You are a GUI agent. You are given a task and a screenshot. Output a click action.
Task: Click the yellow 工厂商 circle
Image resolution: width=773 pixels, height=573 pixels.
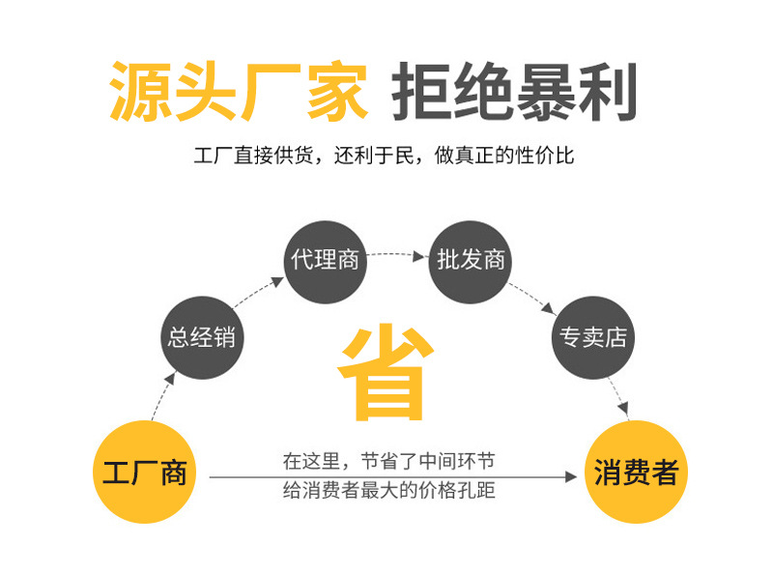tap(144, 473)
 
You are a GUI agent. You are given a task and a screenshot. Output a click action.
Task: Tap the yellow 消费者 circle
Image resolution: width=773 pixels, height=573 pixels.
tap(635, 473)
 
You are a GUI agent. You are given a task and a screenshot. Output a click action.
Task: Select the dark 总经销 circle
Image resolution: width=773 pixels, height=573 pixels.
tap(201, 337)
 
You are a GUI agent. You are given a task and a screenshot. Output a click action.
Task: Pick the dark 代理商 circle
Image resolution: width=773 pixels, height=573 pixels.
tap(325, 260)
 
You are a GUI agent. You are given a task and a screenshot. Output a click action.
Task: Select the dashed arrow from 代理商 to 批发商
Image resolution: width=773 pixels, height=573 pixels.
tap(397, 255)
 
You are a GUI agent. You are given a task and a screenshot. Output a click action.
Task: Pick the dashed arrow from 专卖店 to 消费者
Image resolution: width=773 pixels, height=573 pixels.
tap(619, 396)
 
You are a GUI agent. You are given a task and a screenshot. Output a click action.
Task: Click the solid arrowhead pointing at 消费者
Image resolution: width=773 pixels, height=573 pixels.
tap(572, 476)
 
